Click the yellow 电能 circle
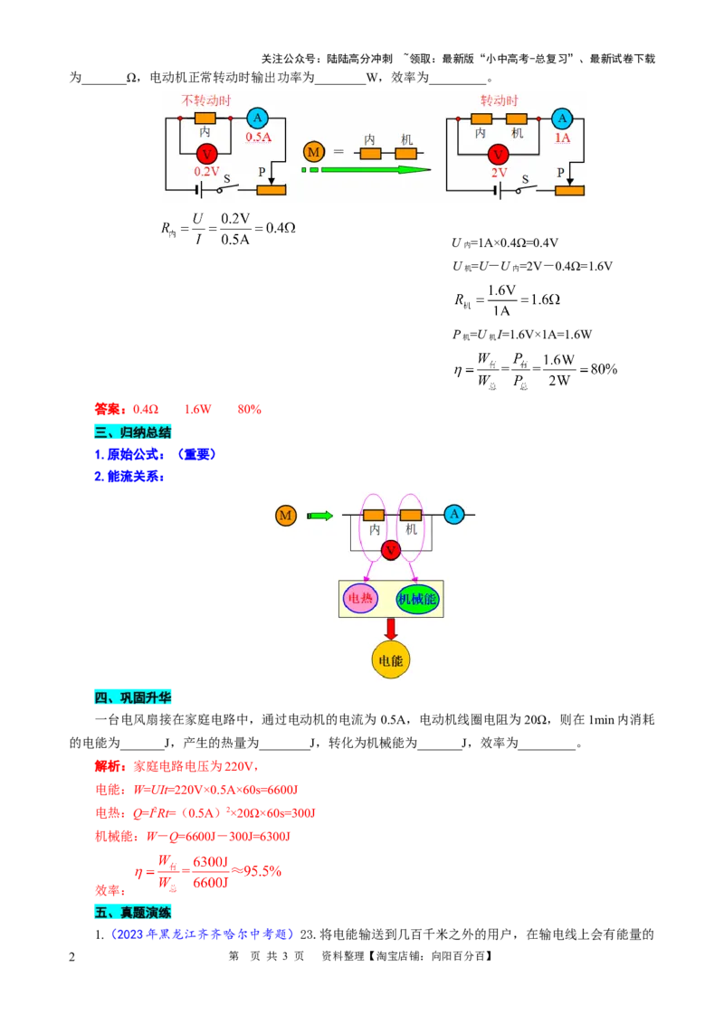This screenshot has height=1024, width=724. [390, 659]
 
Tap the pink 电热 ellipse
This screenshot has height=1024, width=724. [360, 598]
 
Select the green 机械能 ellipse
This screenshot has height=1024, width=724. [417, 599]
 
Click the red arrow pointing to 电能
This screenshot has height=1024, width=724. [391, 629]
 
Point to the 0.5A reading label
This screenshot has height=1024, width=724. [258, 137]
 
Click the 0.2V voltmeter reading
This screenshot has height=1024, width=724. [206, 171]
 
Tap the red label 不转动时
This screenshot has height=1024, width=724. [205, 100]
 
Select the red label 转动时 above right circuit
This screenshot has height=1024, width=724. [500, 100]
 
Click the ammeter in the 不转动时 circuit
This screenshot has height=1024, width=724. [257, 119]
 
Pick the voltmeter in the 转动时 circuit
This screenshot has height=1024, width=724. [498, 154]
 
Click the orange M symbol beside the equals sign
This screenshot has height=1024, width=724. [314, 152]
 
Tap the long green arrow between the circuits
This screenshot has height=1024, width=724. [367, 170]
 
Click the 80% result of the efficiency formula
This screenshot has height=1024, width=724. [604, 369]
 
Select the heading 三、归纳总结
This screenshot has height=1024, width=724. [133, 431]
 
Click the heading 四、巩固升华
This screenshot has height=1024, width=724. [133, 697]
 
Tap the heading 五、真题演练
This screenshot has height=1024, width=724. [133, 912]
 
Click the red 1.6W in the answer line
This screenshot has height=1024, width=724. [197, 410]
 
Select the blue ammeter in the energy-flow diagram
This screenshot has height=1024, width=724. [454, 515]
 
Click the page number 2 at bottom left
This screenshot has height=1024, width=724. [71, 957]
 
